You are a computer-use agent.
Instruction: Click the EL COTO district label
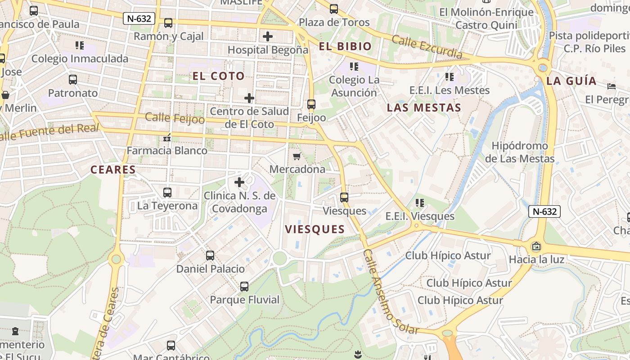[218, 76]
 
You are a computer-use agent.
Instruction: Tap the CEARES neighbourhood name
[113, 170]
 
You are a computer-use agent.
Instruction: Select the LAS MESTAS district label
[424, 108]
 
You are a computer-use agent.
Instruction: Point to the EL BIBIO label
[345, 46]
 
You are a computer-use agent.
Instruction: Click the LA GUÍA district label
[571, 81]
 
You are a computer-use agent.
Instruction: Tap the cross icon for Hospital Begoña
[268, 36]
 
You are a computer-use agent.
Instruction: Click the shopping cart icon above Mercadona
[297, 156]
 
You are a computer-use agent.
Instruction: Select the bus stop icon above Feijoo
[311, 104]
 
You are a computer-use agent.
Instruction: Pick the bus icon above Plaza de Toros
[333, 9]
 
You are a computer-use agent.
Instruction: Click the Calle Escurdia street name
[427, 46]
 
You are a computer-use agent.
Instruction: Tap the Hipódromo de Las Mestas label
[519, 152]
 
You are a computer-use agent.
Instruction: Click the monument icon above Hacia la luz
[536, 246]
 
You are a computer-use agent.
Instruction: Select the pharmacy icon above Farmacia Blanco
[167, 138]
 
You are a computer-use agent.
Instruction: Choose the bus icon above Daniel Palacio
[210, 256]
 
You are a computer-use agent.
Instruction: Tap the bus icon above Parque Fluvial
[244, 286]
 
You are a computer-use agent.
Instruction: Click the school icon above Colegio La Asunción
[354, 67]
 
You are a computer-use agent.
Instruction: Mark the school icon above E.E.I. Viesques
[420, 203]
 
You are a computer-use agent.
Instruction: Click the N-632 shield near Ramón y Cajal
[139, 18]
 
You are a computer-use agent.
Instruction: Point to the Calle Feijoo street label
[175, 118]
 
